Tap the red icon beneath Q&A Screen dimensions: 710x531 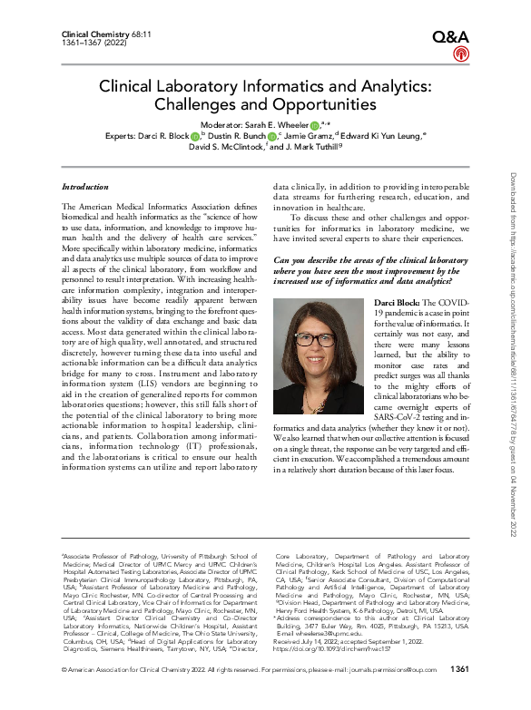[x=460, y=55]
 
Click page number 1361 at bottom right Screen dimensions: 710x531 [x=460, y=695]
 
